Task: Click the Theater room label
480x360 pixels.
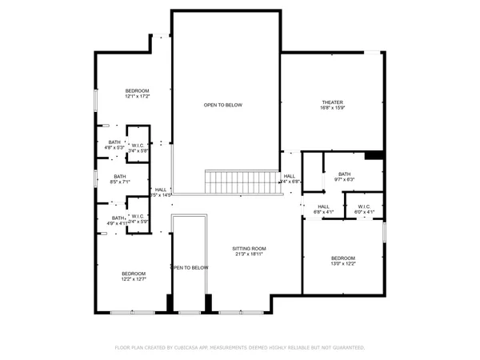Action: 332,102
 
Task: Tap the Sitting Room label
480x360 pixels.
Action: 249,249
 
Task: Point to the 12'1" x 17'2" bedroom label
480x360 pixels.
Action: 137,92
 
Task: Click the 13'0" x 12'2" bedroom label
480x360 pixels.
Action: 344,258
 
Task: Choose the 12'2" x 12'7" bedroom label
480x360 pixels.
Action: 134,273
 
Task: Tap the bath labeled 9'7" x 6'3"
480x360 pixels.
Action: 344,174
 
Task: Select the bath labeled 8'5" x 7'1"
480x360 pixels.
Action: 119,177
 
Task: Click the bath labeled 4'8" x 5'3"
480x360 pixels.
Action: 114,142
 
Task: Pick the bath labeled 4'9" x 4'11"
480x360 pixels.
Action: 118,218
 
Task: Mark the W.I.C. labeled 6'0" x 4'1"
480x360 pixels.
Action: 365,207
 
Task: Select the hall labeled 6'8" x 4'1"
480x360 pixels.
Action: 323,207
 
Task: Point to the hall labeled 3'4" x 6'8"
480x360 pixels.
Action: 289,176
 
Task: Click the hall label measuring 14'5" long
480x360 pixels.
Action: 161,190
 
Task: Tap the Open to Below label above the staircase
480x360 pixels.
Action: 222,105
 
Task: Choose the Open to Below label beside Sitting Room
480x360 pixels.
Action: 190,267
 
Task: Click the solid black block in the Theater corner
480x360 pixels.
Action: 373,156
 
